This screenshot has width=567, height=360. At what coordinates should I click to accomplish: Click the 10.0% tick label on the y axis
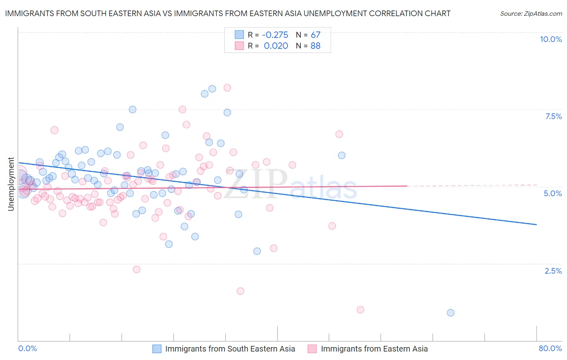coord(550,39)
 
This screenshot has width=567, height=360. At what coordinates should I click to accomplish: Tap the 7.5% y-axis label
coord(553,116)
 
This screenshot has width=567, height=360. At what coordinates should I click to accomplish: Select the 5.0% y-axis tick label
coord(552,193)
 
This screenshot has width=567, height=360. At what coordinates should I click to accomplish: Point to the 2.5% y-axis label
coord(553,271)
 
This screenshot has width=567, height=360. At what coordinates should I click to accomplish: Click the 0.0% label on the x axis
coord(27,348)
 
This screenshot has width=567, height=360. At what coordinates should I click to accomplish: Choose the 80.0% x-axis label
coord(550,348)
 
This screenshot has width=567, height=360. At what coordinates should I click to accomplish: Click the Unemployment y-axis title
coord(11,184)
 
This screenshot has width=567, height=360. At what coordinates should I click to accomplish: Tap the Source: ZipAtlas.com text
coord(531,13)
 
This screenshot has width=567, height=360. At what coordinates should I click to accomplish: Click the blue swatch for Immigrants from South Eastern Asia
coord(157,349)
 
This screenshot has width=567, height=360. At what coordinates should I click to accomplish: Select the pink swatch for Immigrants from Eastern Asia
coord(312,349)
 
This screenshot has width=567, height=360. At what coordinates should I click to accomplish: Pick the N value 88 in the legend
coord(315,46)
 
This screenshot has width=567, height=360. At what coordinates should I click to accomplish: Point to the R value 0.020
coord(276,46)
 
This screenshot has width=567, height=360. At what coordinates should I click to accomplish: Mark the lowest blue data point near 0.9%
coord(450,313)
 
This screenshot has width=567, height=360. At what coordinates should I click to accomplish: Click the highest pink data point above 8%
coord(227,88)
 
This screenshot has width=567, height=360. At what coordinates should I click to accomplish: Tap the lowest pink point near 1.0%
coord(360,310)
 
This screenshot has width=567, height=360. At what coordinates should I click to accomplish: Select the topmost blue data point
coord(212,89)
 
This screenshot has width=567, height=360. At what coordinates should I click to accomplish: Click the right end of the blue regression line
coord(536,224)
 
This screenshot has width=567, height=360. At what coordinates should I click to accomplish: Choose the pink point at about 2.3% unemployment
coord(136,269)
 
